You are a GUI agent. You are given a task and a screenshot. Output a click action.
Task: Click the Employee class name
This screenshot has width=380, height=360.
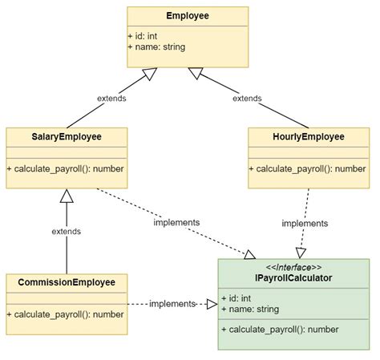coord(188,16)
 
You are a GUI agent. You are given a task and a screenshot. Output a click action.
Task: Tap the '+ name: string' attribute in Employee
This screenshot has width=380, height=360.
coord(157,47)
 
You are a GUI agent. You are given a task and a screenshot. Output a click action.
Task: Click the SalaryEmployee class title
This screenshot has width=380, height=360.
coord(67,137)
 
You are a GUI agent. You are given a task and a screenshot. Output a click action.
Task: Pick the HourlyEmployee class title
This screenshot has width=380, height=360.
coord(309,137)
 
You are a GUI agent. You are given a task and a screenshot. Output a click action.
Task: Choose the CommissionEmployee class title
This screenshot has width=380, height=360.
coord(67,282)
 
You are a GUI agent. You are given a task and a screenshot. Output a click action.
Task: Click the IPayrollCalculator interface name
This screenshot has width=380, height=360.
coord(293,278)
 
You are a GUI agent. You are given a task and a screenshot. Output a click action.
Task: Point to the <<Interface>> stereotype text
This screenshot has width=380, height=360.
coord(293,267)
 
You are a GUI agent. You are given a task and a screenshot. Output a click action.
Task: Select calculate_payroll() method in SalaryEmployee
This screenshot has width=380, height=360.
coord(66,168)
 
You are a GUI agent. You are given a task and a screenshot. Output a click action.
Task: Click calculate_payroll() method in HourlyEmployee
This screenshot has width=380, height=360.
coord(309,168)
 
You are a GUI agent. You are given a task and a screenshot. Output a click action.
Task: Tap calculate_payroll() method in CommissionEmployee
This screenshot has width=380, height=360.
coord(66,313)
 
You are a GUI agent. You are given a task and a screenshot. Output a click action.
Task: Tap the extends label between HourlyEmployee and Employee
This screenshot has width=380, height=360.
coord(247,99)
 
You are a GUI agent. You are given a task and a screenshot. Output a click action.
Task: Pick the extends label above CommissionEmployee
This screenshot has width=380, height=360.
coord(67,231)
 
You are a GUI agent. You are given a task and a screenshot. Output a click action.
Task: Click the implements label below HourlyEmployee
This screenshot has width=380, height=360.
coord(305,224)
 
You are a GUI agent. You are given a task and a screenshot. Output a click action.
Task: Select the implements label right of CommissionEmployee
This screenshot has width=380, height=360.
coord(172,304)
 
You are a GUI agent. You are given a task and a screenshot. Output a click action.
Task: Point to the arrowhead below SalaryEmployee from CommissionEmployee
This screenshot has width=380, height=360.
coord(67,196)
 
